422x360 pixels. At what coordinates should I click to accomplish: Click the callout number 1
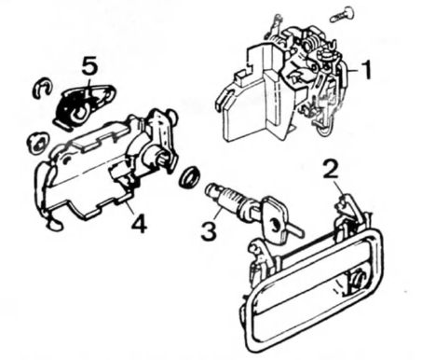pyautogui.click(x=366, y=70)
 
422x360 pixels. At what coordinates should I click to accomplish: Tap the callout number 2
pyautogui.click(x=331, y=170)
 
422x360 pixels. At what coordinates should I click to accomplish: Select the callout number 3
pyautogui.click(x=209, y=230)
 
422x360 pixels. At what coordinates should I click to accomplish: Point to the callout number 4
pyautogui.click(x=139, y=223)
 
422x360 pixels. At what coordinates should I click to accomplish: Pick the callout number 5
pyautogui.click(x=90, y=65)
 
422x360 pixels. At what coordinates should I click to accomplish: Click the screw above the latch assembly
pyautogui.click(x=342, y=14)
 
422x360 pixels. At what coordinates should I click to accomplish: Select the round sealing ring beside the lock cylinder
pyautogui.click(x=189, y=177)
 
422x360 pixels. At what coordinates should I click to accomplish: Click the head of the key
pyautogui.click(x=276, y=219)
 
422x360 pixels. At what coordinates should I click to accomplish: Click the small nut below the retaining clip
pyautogui.click(x=37, y=143)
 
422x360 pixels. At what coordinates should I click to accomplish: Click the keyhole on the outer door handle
pyautogui.click(x=359, y=279)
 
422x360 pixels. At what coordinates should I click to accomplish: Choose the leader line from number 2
pyautogui.click(x=339, y=189)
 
